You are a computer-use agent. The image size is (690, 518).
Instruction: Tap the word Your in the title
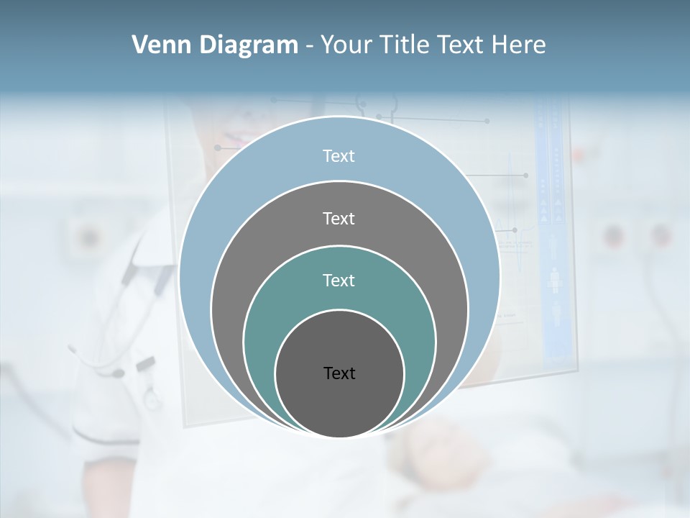(x=346, y=45)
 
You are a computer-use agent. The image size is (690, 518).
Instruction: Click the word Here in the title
(x=518, y=45)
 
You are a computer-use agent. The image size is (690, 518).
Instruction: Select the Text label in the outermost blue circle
(x=339, y=156)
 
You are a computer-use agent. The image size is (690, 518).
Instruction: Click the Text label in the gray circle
(x=339, y=218)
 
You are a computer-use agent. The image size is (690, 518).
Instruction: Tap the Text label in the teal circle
(x=339, y=280)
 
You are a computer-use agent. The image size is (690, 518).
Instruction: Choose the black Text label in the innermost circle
(x=339, y=373)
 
